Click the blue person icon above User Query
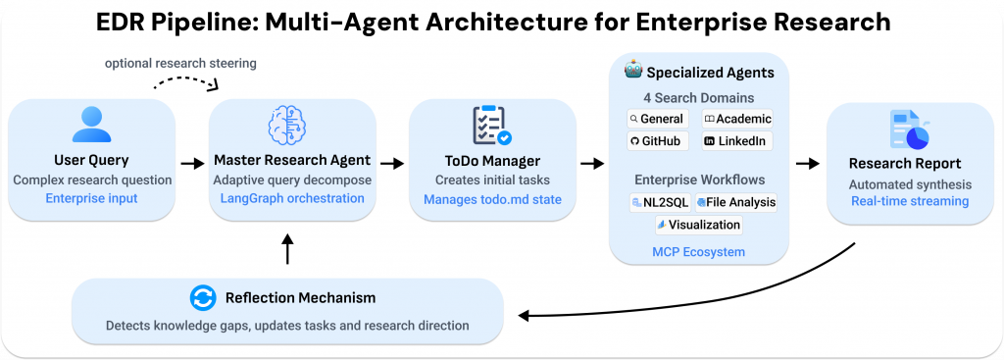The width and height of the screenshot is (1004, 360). coord(92,125)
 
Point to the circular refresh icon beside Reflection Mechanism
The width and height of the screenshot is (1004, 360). coord(202,297)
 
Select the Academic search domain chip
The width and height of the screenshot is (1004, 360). coord(737,119)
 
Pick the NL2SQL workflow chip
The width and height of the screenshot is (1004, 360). coord(660,203)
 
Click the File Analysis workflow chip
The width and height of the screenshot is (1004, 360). coord(735,203)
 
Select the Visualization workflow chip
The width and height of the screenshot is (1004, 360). coord(698,225)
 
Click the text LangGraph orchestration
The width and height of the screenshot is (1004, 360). coord(293,199)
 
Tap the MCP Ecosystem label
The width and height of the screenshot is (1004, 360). coord(698,252)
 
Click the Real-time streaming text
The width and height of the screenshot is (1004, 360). coord(909,201)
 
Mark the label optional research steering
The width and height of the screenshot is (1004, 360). coord(181,63)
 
